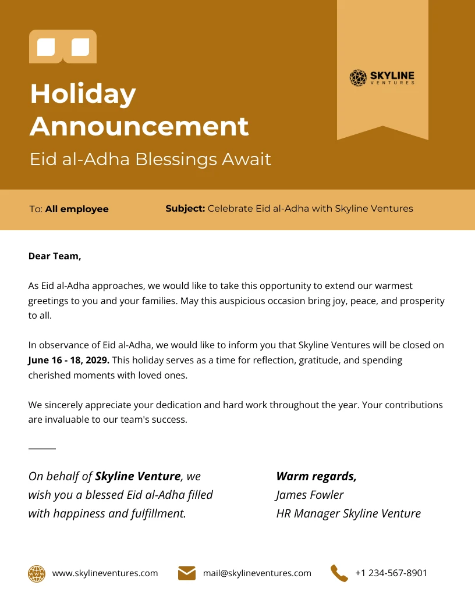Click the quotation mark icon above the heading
pyautogui.click(x=63, y=47)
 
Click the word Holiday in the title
pyautogui.click(x=83, y=94)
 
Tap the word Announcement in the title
pyautogui.click(x=139, y=126)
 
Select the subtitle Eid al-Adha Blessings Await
pyautogui.click(x=150, y=159)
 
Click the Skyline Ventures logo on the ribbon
pyautogui.click(x=382, y=78)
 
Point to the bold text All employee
pyautogui.click(x=77, y=209)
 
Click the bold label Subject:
pyautogui.click(x=185, y=208)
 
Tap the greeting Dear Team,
pyautogui.click(x=55, y=256)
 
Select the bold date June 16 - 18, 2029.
pyautogui.click(x=69, y=360)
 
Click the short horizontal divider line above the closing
pyautogui.click(x=42, y=449)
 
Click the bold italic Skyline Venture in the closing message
pyautogui.click(x=137, y=476)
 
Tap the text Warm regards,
pyautogui.click(x=316, y=476)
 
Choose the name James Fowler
pyautogui.click(x=310, y=495)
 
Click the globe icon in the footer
pyautogui.click(x=37, y=573)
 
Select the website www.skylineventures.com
pyautogui.click(x=105, y=573)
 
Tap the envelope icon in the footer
pyautogui.click(x=187, y=573)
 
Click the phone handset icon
pyautogui.click(x=339, y=573)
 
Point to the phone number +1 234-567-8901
pyautogui.click(x=391, y=573)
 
